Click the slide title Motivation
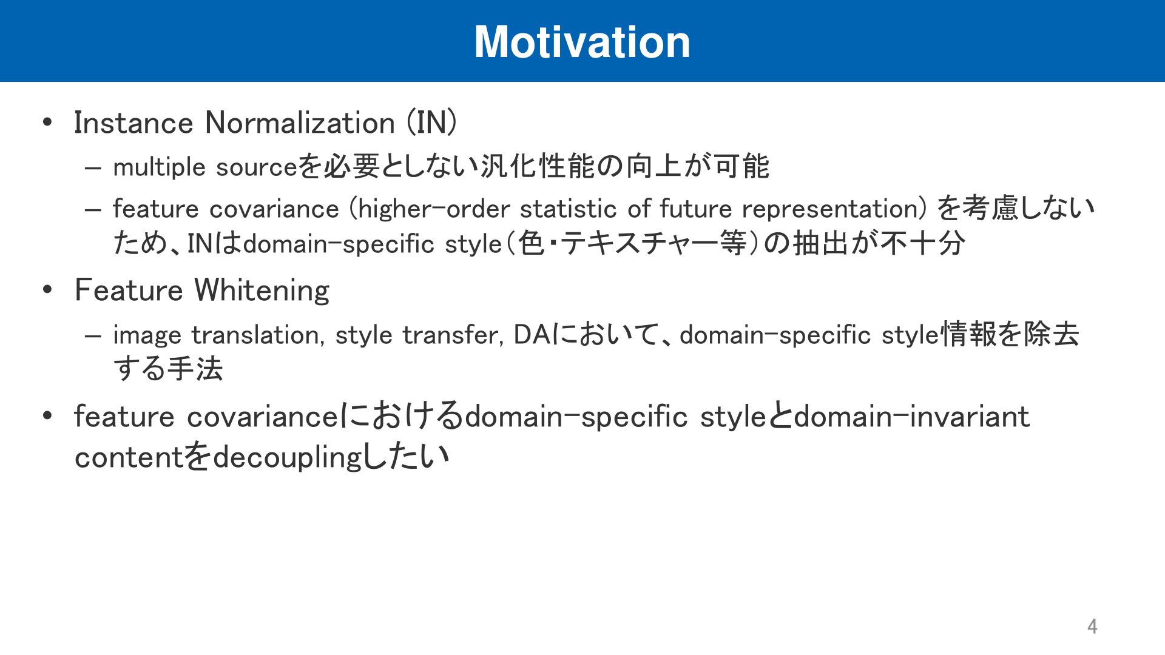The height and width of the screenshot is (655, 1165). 582,42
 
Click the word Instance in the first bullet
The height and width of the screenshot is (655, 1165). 133,123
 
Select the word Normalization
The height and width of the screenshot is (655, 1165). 300,123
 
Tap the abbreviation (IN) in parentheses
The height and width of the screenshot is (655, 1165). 431,123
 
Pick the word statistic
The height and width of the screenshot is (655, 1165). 568,209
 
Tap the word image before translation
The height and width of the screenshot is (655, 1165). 147,335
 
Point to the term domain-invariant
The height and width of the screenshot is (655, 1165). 912,417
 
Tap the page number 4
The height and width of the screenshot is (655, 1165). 1092,626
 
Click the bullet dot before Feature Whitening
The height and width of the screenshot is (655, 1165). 48,290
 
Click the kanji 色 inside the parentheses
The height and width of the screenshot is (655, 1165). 532,244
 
